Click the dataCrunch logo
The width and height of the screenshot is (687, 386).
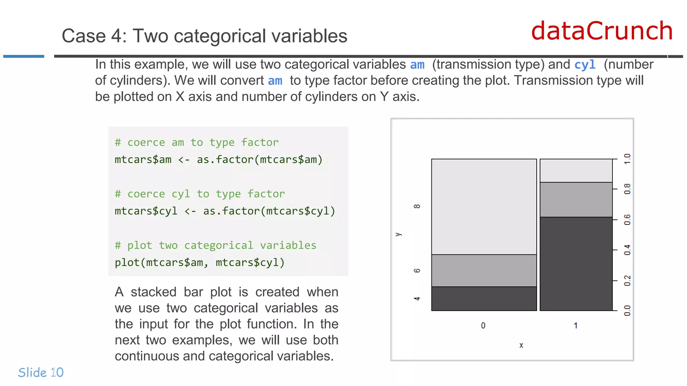[x=602, y=31]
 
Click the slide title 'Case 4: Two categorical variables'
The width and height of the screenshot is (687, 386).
[x=204, y=36]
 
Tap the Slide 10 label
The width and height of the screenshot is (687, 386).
[x=41, y=372]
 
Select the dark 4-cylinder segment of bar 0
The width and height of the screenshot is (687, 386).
[x=484, y=299]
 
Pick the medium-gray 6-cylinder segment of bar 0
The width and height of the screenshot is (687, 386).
[x=484, y=270]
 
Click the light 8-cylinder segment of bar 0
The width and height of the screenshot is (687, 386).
[x=484, y=206]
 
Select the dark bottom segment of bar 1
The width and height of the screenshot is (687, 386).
[x=576, y=264]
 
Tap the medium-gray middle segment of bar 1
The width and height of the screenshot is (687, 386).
[x=576, y=199]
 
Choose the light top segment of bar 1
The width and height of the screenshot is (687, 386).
[x=576, y=171]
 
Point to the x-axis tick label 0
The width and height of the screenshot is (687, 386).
[x=483, y=325]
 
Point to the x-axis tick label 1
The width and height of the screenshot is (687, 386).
[x=575, y=325]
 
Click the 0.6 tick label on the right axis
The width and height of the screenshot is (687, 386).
[x=627, y=219]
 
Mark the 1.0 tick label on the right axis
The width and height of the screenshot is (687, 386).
[x=627, y=159]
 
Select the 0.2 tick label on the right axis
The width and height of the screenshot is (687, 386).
[x=627, y=280]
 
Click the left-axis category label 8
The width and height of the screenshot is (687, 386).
[x=417, y=206]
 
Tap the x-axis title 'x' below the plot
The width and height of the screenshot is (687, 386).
[x=521, y=345]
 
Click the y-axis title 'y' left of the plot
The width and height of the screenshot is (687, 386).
[x=399, y=234]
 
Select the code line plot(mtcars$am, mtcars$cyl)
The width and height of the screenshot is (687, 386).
[x=200, y=262]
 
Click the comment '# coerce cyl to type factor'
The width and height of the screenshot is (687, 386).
[x=200, y=194]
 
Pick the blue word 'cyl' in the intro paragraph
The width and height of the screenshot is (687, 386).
[x=585, y=64]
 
